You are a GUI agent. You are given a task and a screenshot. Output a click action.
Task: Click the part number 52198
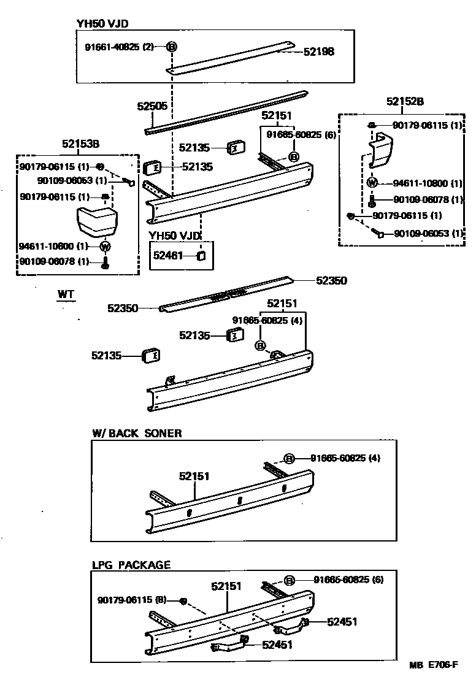[319, 52]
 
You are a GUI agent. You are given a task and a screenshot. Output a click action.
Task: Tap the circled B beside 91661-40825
[172, 47]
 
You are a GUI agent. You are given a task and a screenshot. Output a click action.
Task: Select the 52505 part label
[152, 106]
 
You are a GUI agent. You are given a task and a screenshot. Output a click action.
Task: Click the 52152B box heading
[405, 102]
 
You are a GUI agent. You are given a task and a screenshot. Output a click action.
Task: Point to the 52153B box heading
[80, 144]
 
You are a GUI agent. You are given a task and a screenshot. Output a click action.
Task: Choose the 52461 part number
[169, 255]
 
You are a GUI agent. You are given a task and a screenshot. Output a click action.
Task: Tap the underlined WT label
[66, 295]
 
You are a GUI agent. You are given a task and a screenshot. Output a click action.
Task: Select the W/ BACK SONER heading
[137, 433]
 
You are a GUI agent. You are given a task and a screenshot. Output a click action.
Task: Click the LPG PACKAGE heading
[131, 565]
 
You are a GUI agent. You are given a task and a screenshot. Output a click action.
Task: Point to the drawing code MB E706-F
[434, 665]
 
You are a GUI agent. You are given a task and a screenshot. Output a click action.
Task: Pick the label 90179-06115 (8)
[132, 599]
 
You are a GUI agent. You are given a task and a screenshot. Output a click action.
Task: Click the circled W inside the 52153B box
[104, 247]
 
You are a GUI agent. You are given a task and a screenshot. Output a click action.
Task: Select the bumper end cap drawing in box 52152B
[383, 151]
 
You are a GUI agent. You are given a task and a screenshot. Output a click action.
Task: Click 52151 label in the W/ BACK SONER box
[194, 476]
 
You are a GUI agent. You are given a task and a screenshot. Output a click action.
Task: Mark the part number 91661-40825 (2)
[119, 47]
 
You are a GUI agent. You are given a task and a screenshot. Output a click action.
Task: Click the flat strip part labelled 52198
[233, 57]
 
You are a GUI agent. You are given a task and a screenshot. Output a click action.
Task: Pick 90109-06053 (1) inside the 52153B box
[72, 180]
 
